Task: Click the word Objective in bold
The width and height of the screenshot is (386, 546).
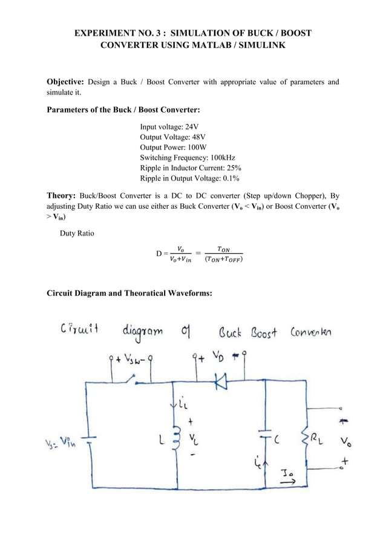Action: pos(66,82)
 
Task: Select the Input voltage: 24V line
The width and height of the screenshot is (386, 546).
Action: pos(169,127)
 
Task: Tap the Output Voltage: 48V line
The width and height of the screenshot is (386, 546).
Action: pos(171,137)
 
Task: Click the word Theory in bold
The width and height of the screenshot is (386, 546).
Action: pos(62,196)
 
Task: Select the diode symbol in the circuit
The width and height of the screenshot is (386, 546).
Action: pos(221,380)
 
